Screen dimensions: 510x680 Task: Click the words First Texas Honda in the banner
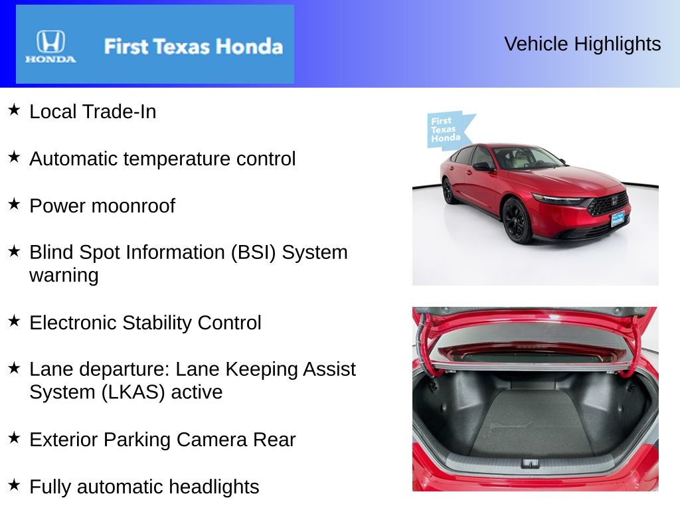click(193, 46)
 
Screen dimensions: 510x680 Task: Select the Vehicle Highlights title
click(582, 44)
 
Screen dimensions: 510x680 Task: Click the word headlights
click(214, 487)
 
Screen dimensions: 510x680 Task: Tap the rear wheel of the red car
click(448, 191)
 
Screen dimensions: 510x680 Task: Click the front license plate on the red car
click(618, 218)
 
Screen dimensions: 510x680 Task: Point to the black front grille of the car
click(608, 203)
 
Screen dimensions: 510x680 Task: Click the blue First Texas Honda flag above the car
click(448, 130)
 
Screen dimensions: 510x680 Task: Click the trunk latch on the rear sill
click(530, 463)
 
